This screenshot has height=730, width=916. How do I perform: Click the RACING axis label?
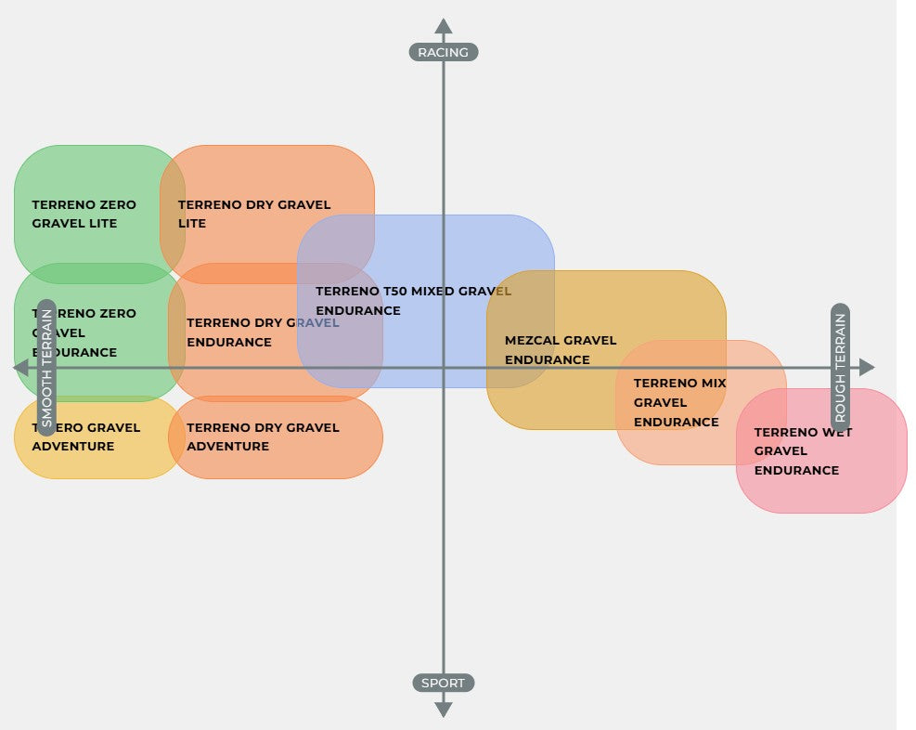click(x=443, y=52)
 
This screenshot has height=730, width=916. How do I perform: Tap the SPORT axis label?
click(x=443, y=684)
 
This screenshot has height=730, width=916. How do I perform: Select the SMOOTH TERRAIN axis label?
click(x=47, y=367)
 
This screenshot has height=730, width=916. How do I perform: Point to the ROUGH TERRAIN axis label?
click(x=840, y=367)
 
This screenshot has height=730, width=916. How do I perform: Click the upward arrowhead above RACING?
click(x=444, y=26)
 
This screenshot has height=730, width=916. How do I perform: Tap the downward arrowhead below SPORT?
click(x=444, y=710)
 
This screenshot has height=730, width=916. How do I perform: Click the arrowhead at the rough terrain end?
click(x=867, y=367)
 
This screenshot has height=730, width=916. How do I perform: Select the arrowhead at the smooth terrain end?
click(x=20, y=367)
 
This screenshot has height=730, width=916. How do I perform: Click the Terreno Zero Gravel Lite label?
click(x=84, y=214)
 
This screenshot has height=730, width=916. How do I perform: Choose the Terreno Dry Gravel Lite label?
click(x=253, y=214)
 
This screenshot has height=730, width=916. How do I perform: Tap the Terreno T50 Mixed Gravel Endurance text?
click(x=413, y=301)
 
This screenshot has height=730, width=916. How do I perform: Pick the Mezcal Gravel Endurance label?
click(x=561, y=350)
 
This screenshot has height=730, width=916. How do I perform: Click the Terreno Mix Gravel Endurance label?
click(x=679, y=402)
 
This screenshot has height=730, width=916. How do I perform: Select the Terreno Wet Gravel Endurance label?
click(x=803, y=451)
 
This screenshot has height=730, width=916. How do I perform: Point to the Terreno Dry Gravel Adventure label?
click(x=263, y=437)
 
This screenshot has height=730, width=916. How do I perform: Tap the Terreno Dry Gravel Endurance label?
click(x=263, y=332)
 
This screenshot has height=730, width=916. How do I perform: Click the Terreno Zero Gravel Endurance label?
click(x=84, y=332)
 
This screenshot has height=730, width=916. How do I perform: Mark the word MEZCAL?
click(x=532, y=341)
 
